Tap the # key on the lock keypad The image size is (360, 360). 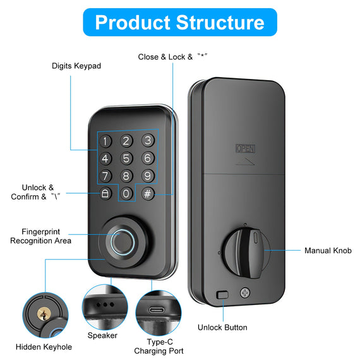(x=147, y=193)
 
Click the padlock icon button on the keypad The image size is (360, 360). (x=105, y=193)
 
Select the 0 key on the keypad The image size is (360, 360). (x=126, y=193)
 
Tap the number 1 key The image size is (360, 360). (x=105, y=141)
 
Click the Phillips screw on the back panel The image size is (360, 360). (x=245, y=292)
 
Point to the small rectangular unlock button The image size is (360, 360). (x=222, y=295)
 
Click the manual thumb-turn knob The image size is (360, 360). (x=246, y=253)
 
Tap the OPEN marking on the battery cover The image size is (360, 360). (x=246, y=148)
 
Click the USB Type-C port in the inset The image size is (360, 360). (x=157, y=310)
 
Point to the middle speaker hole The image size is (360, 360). (x=105, y=304)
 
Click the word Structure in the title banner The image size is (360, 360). (x=220, y=23)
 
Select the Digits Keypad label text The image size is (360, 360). (x=76, y=66)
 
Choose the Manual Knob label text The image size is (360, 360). (x=328, y=251)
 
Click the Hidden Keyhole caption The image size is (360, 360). (x=44, y=347)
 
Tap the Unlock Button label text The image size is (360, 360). (x=222, y=327)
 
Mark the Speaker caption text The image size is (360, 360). (x=102, y=335)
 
